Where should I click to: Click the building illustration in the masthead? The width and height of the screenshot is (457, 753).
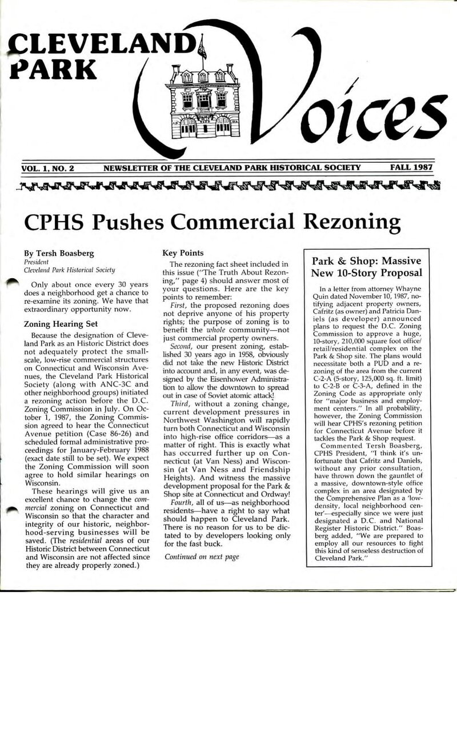pyautogui.click(x=202, y=101)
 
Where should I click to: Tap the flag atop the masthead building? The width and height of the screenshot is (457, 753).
pyautogui.click(x=202, y=47)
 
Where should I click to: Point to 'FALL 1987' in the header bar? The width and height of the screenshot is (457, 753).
pyautogui.click(x=411, y=168)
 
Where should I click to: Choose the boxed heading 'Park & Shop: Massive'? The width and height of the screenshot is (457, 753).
pyautogui.click(x=367, y=261)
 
